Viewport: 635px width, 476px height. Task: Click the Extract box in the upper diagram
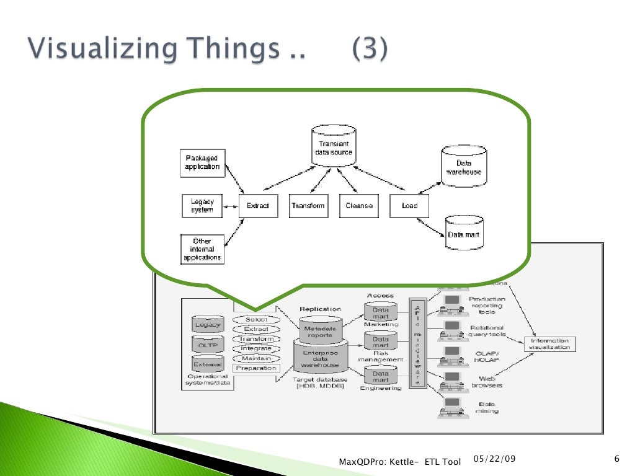click(x=257, y=206)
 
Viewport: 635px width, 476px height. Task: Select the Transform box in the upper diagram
click(x=308, y=206)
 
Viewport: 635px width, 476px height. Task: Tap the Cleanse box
click(x=358, y=206)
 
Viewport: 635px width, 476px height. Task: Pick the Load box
click(x=409, y=206)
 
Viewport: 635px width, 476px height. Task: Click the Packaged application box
click(x=202, y=162)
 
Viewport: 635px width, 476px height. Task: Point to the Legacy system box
click(x=202, y=206)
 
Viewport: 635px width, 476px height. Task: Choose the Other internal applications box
click(x=202, y=249)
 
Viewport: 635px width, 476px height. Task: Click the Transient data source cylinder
click(x=333, y=146)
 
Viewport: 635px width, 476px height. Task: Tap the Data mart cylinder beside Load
click(x=463, y=233)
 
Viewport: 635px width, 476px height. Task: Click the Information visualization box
click(x=549, y=344)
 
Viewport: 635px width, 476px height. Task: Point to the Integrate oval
click(x=256, y=349)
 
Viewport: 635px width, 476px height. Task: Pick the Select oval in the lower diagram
click(x=256, y=320)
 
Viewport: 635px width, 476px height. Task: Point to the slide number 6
click(x=616, y=459)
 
